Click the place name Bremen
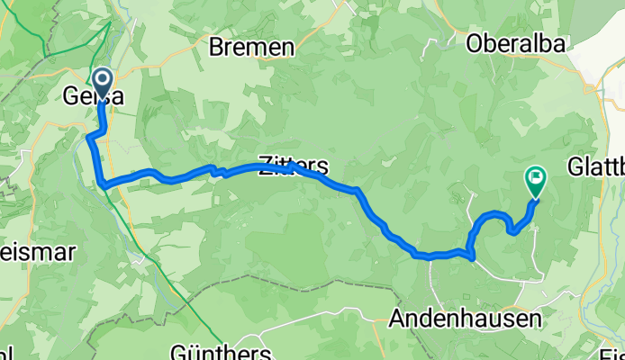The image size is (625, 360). pos(251,48)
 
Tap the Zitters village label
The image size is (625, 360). pos(294,166)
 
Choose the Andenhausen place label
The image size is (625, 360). pos(465,319)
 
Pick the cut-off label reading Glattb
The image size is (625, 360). pos(596,167)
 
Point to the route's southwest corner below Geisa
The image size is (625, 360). pos(105,184)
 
